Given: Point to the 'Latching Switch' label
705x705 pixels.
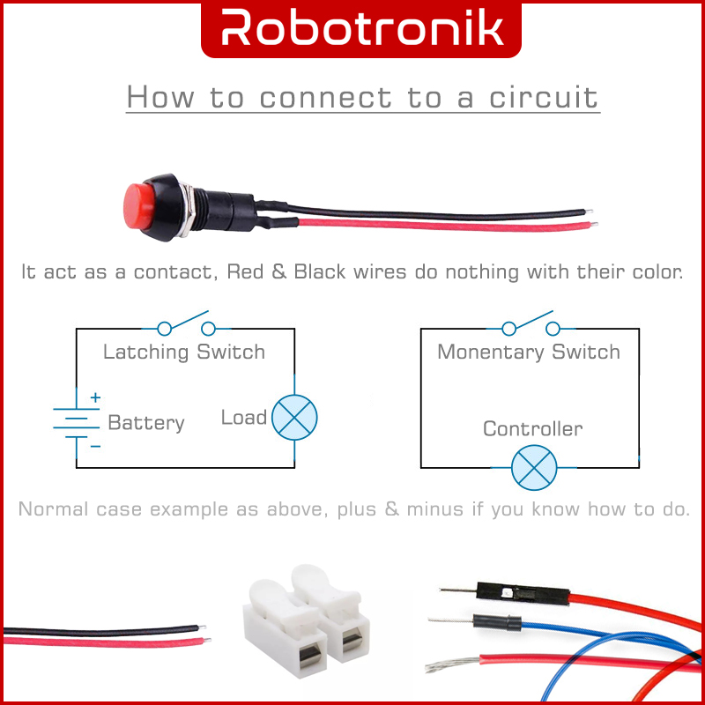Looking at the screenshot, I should [x=183, y=352].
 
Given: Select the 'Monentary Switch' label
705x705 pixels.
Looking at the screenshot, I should [x=529, y=352].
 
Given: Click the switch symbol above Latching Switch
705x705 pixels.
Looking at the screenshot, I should [x=185, y=326].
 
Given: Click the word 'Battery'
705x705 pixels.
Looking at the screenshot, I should [x=146, y=424].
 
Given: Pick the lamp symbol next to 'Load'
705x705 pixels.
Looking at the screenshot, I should [x=293, y=417].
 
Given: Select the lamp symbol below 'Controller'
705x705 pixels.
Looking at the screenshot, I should [x=534, y=467].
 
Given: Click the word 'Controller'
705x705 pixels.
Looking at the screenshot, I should [x=532, y=429].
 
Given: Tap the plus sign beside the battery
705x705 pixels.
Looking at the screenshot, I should [x=95, y=398].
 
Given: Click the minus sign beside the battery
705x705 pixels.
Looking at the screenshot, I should [x=95, y=446].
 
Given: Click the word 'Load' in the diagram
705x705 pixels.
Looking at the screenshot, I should [x=243, y=418].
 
